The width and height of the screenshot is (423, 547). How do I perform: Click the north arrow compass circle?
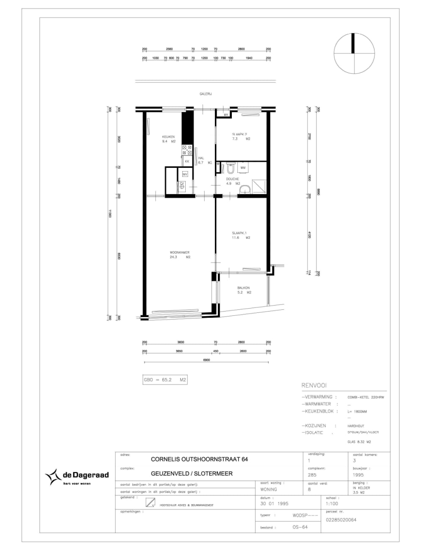tap(354, 53)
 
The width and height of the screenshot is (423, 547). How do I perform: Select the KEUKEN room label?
tap(168, 137)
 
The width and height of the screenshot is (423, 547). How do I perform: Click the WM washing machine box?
tap(243, 168)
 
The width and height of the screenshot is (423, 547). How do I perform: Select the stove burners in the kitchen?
tap(187, 150)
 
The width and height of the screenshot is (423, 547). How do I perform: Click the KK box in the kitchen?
tap(187, 161)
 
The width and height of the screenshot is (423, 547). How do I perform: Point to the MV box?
tap(185, 174)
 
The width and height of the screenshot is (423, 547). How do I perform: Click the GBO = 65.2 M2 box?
tap(165, 380)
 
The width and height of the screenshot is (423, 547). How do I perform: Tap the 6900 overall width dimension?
tap(206, 360)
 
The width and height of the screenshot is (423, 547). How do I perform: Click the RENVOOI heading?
tap(313, 386)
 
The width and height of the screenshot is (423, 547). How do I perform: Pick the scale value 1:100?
tap(332, 503)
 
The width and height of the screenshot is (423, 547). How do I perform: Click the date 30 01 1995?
tap(274, 503)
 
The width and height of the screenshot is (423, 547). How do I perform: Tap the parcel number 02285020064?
tap(341, 520)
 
